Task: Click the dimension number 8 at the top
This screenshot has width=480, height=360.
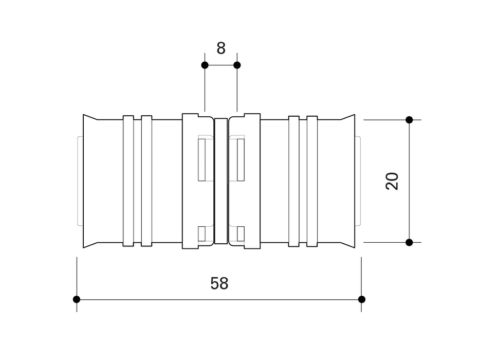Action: (221, 48)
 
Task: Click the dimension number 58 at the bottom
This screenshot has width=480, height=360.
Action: (219, 283)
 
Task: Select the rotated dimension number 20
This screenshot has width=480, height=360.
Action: (392, 181)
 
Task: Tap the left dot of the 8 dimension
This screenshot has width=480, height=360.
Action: (205, 65)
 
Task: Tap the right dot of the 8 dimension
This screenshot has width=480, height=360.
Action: (237, 65)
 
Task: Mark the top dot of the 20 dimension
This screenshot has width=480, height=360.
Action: (409, 120)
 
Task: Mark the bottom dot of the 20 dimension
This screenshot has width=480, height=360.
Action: (409, 242)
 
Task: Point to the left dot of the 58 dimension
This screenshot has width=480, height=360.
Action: (77, 299)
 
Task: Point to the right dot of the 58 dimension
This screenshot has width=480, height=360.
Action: (361, 299)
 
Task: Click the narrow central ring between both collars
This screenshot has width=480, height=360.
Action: (220, 181)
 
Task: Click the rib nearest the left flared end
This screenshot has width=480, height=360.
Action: (128, 181)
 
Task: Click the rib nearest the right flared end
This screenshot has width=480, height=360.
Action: (312, 181)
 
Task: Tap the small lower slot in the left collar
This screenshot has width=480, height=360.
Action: (202, 233)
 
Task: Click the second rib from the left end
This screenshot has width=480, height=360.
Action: (146, 181)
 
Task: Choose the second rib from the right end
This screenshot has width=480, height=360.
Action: (293, 181)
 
